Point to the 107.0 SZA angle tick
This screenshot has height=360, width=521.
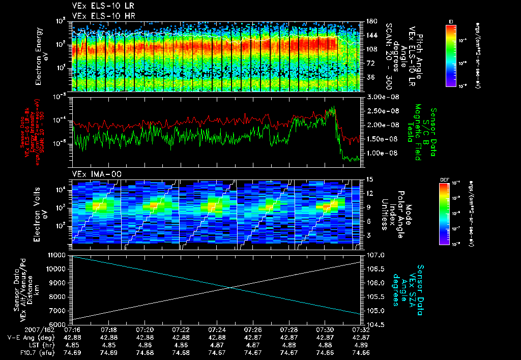[x=374, y=255]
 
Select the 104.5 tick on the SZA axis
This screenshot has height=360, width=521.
[x=374, y=324]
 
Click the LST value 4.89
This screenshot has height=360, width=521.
[x=361, y=345]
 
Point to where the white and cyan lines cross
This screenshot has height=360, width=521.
[x=230, y=288]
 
